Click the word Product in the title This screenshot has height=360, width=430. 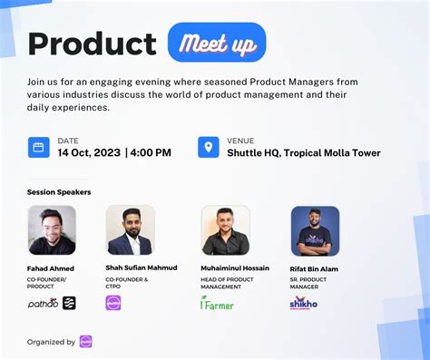92,43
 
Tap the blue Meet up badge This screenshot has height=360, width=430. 217,43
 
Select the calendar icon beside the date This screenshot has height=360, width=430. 39,147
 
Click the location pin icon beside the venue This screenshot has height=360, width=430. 209,147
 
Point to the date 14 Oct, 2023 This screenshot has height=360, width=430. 88,152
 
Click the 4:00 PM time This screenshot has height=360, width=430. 151,152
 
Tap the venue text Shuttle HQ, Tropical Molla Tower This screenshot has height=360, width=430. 304,152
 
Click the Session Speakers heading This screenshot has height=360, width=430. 59,192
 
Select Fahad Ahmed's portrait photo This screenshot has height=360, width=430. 52,230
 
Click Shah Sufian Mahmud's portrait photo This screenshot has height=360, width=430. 130,230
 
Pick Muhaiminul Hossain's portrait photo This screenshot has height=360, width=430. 225,230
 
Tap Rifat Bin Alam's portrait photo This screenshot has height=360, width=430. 315,230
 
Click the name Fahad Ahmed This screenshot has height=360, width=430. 51,268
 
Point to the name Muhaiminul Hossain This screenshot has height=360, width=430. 234,268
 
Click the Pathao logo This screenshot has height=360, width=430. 43,303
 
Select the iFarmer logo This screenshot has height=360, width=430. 217,303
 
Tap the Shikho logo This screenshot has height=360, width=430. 303,303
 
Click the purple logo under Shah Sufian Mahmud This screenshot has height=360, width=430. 113,303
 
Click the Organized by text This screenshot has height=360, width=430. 51,342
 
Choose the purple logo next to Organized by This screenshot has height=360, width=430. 86,342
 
